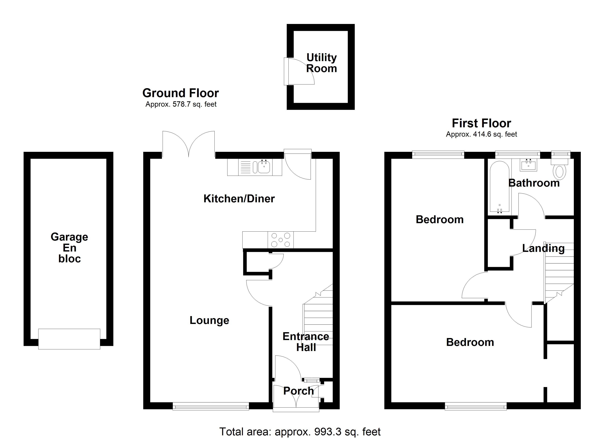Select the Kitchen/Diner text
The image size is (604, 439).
239,199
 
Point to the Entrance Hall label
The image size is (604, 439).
306,342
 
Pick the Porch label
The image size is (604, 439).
299,391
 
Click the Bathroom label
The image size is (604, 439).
534,183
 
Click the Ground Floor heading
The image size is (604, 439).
181,93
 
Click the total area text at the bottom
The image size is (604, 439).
300,432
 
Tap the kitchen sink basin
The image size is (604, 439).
264,167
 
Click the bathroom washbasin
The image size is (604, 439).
528,165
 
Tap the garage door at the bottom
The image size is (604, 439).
69,339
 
